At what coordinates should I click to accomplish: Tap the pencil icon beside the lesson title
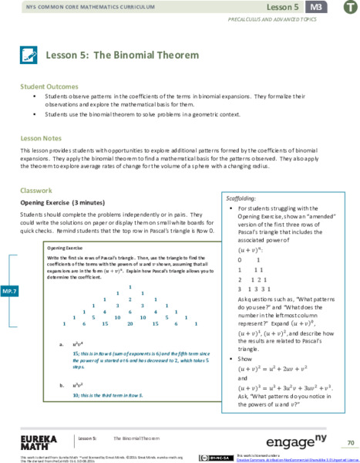pyautogui.click(x=29, y=55)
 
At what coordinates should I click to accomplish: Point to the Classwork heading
pyautogui.click(x=36, y=190)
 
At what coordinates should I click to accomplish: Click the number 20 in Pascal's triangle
pyautogui.click(x=131, y=325)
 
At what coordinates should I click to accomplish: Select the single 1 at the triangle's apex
pyautogui.click(x=130, y=287)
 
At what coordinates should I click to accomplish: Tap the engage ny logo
pyautogui.click(x=298, y=442)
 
